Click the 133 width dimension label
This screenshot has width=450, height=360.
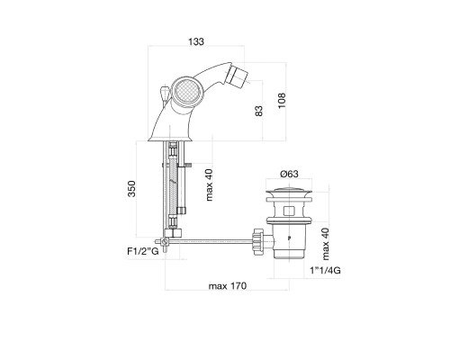[196, 41]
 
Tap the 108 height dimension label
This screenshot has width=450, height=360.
[282, 101]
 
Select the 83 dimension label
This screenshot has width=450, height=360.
[259, 111]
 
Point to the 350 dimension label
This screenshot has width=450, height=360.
[131, 189]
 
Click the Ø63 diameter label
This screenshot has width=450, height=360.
[289, 174]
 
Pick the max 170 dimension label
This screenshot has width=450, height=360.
[228, 286]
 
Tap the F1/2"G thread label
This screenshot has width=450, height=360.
[143, 251]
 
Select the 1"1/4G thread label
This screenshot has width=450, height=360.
[326, 271]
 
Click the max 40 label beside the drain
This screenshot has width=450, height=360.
[326, 244]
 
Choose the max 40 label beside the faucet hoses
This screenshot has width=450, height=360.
[209, 184]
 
